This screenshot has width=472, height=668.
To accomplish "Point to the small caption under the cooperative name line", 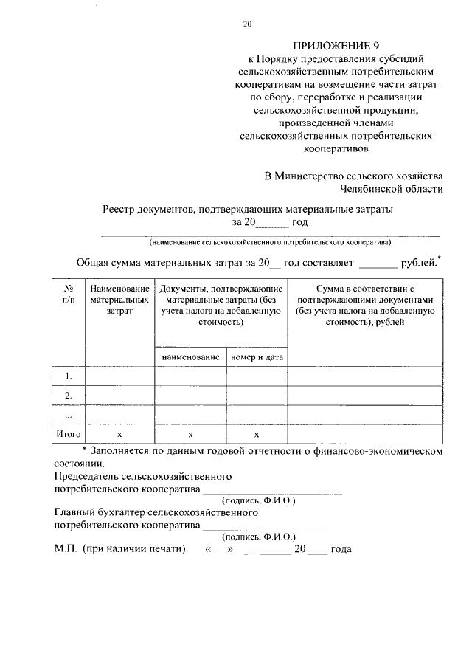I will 270,242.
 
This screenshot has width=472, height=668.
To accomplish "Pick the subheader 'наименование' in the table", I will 190,357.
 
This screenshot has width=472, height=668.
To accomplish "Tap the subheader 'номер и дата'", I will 257,357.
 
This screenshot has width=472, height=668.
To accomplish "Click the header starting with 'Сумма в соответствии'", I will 366,306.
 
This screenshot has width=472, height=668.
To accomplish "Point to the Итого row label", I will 68,435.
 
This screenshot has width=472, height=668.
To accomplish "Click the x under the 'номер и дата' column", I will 257,435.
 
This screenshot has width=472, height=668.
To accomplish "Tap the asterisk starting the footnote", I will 85,450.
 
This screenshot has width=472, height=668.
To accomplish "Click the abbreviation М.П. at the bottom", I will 65,550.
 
